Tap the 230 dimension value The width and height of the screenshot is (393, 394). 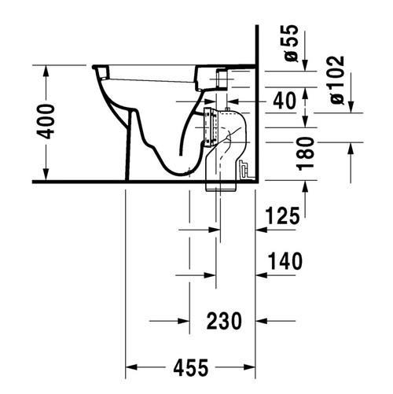[x=224, y=320]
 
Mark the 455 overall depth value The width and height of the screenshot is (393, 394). [x=192, y=366]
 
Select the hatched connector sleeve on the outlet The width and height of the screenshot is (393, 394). [x=208, y=126]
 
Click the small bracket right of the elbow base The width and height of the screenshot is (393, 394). [x=245, y=168]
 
